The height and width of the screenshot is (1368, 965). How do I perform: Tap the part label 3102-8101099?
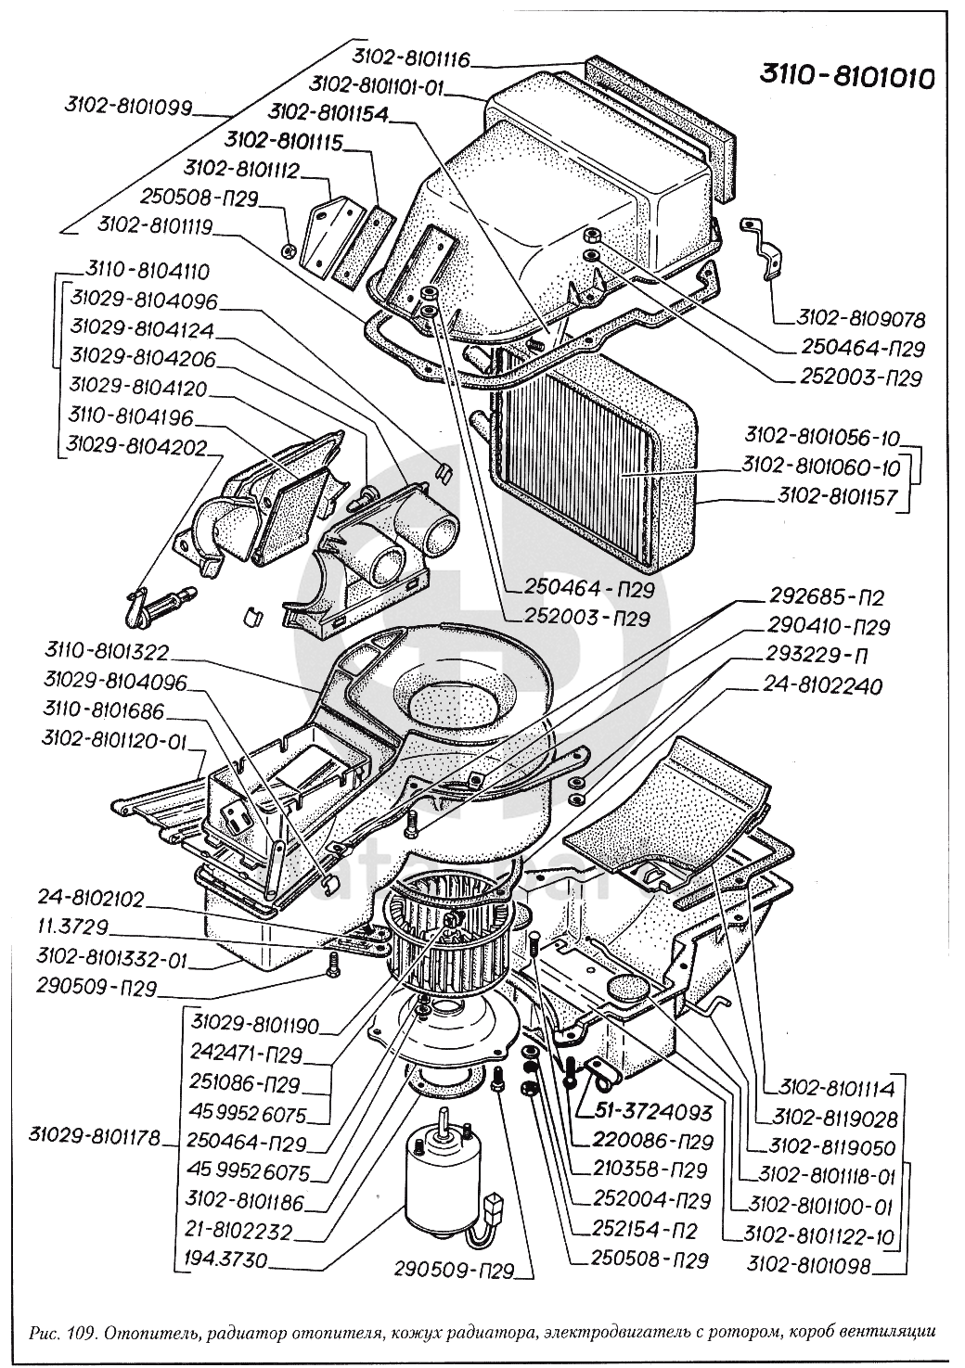coord(128,108)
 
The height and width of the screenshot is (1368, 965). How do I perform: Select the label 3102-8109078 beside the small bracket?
coord(860,319)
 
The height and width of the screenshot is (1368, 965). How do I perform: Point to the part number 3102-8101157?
coord(832,498)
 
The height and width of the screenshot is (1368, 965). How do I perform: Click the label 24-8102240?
coord(823,687)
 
